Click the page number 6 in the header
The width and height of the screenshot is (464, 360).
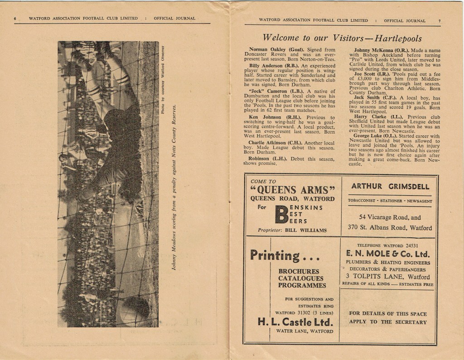pos(15,19)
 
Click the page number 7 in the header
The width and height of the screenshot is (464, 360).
pos(439,21)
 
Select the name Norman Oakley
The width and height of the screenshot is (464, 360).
pos(267,49)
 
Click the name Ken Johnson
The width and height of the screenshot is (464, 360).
pos(265,117)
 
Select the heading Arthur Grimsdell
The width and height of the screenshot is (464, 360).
pos(390,187)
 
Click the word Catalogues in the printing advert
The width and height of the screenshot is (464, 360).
pos(301,278)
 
